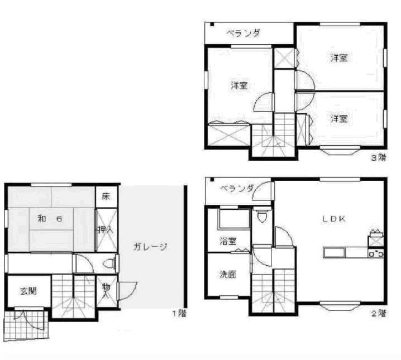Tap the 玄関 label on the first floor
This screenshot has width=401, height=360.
[x=29, y=291]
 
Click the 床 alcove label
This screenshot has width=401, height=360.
[x=106, y=196]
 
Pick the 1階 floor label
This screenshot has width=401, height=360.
[x=179, y=314]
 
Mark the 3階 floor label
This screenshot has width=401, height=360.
[x=378, y=157]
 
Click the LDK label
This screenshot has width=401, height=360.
[x=333, y=219]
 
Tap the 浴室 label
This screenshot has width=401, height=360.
[x=227, y=242]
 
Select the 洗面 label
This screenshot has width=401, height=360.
[x=227, y=275]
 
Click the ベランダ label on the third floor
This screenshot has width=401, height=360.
[x=243, y=33]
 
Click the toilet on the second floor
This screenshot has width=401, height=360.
[x=262, y=216]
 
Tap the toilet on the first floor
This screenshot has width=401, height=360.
[x=111, y=262]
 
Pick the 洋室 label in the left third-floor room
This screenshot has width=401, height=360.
[x=240, y=86]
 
